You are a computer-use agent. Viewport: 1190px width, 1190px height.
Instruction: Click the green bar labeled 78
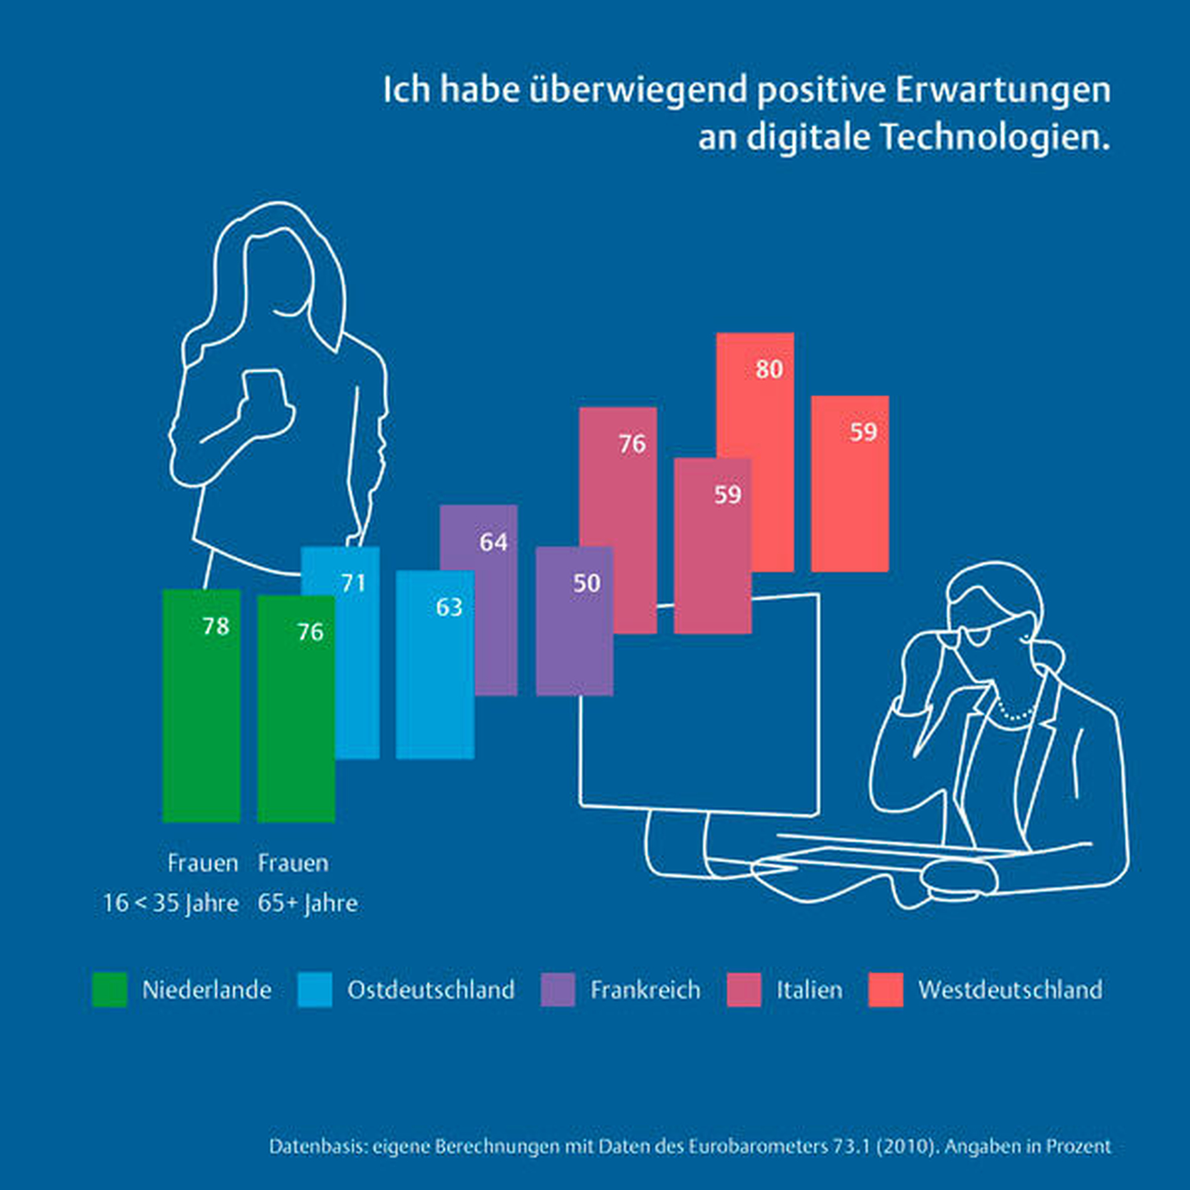tap(201, 708)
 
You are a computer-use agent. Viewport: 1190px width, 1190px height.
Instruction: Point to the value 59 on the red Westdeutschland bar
tap(863, 432)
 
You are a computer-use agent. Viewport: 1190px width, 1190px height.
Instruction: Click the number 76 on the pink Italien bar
tap(632, 443)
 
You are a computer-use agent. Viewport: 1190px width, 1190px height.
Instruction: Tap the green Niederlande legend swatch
tap(110, 990)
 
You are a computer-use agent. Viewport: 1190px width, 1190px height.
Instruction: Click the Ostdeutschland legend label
tap(431, 990)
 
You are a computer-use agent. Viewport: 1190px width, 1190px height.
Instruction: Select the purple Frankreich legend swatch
tap(557, 990)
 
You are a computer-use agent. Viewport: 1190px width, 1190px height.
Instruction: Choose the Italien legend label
tap(809, 990)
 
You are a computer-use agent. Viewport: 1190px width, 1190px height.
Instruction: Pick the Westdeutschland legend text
tap(1010, 990)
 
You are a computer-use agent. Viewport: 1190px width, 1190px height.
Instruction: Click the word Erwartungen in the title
tap(1002, 90)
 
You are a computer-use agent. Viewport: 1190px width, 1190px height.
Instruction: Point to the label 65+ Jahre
tap(308, 903)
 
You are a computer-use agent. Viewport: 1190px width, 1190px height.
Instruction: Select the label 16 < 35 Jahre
tap(171, 903)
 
